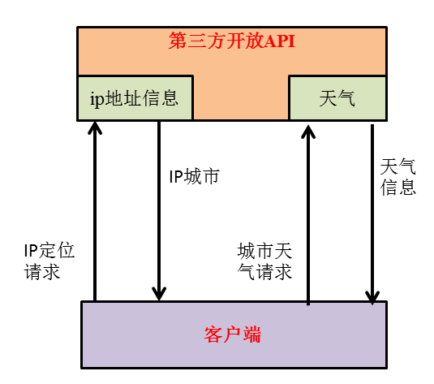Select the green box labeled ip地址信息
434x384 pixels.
(135, 98)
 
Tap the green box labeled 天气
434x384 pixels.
(337, 98)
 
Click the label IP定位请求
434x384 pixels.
(49, 261)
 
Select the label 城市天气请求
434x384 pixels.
(264, 261)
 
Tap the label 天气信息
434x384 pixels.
(397, 177)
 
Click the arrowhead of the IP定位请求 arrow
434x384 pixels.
(95, 128)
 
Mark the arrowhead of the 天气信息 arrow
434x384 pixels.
(372, 296)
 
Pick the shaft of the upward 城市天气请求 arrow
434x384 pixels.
(307, 219)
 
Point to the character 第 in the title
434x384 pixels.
(177, 41)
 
